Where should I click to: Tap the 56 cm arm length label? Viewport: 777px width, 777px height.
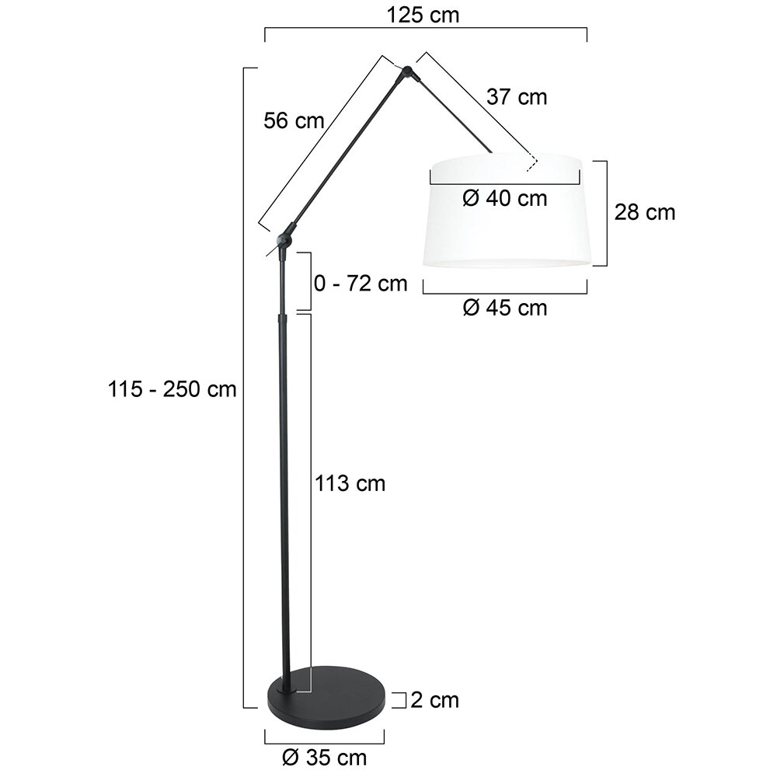(x=294, y=120)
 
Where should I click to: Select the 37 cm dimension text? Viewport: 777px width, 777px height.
(x=517, y=97)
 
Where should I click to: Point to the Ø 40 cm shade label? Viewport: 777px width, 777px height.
(x=504, y=198)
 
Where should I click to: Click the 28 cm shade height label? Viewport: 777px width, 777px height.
(x=645, y=212)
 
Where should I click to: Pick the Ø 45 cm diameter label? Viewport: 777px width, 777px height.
(x=504, y=308)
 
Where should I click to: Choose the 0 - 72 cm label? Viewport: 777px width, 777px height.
(x=361, y=283)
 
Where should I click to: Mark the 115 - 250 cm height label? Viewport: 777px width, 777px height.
(x=172, y=388)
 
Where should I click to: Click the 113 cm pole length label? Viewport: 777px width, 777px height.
(x=350, y=483)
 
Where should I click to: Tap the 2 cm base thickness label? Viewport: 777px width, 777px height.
(x=434, y=700)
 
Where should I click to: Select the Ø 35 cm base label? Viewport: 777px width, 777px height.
(x=326, y=755)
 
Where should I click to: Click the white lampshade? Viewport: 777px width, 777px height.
(x=505, y=233)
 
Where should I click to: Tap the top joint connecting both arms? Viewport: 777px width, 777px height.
(x=408, y=74)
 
